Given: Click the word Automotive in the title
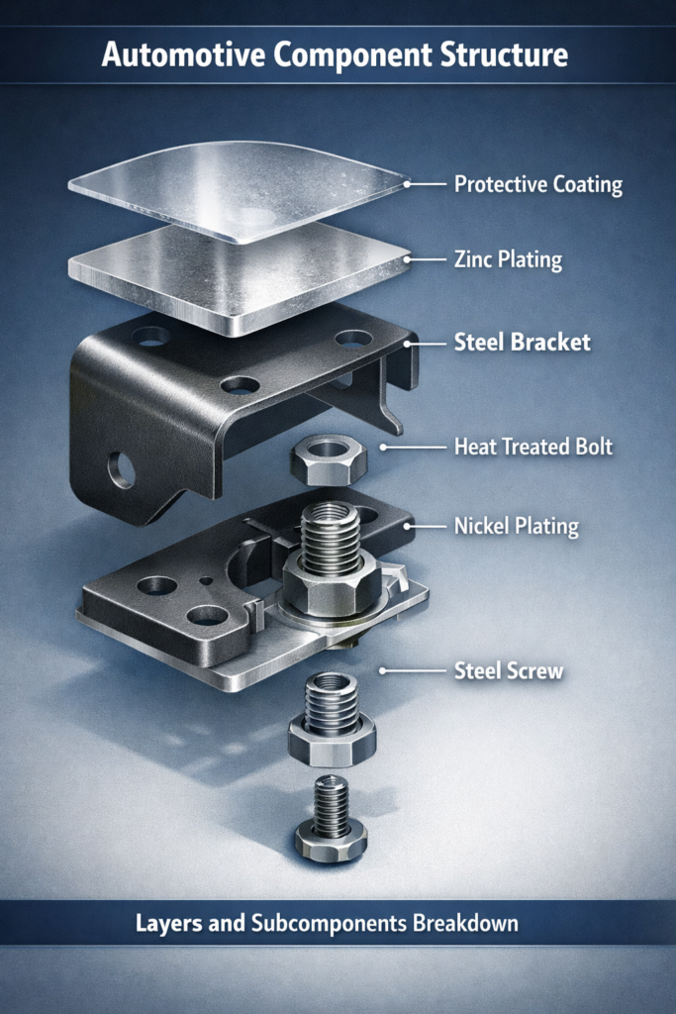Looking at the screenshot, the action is click(183, 54).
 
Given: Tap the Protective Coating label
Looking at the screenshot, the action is click(538, 184).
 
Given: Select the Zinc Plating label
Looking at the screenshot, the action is click(508, 259).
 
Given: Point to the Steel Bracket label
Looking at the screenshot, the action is click(523, 342).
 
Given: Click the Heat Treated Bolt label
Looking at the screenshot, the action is click(533, 447).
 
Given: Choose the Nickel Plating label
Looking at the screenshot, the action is click(517, 526).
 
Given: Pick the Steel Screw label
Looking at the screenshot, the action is click(509, 670).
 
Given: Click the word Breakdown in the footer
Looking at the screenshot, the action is click(465, 923).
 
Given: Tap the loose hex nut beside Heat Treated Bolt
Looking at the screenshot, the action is click(329, 459).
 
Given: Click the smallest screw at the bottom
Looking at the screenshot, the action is click(332, 819).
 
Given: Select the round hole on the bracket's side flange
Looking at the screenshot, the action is click(122, 470).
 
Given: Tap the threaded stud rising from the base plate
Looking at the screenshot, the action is click(331, 541).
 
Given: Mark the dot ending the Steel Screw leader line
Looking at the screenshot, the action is click(383, 670).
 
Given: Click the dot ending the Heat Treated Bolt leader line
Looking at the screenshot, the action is click(383, 447).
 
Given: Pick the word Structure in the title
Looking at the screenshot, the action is click(505, 54).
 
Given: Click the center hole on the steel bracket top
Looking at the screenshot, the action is click(240, 386).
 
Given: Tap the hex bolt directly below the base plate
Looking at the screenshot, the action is click(332, 720).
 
